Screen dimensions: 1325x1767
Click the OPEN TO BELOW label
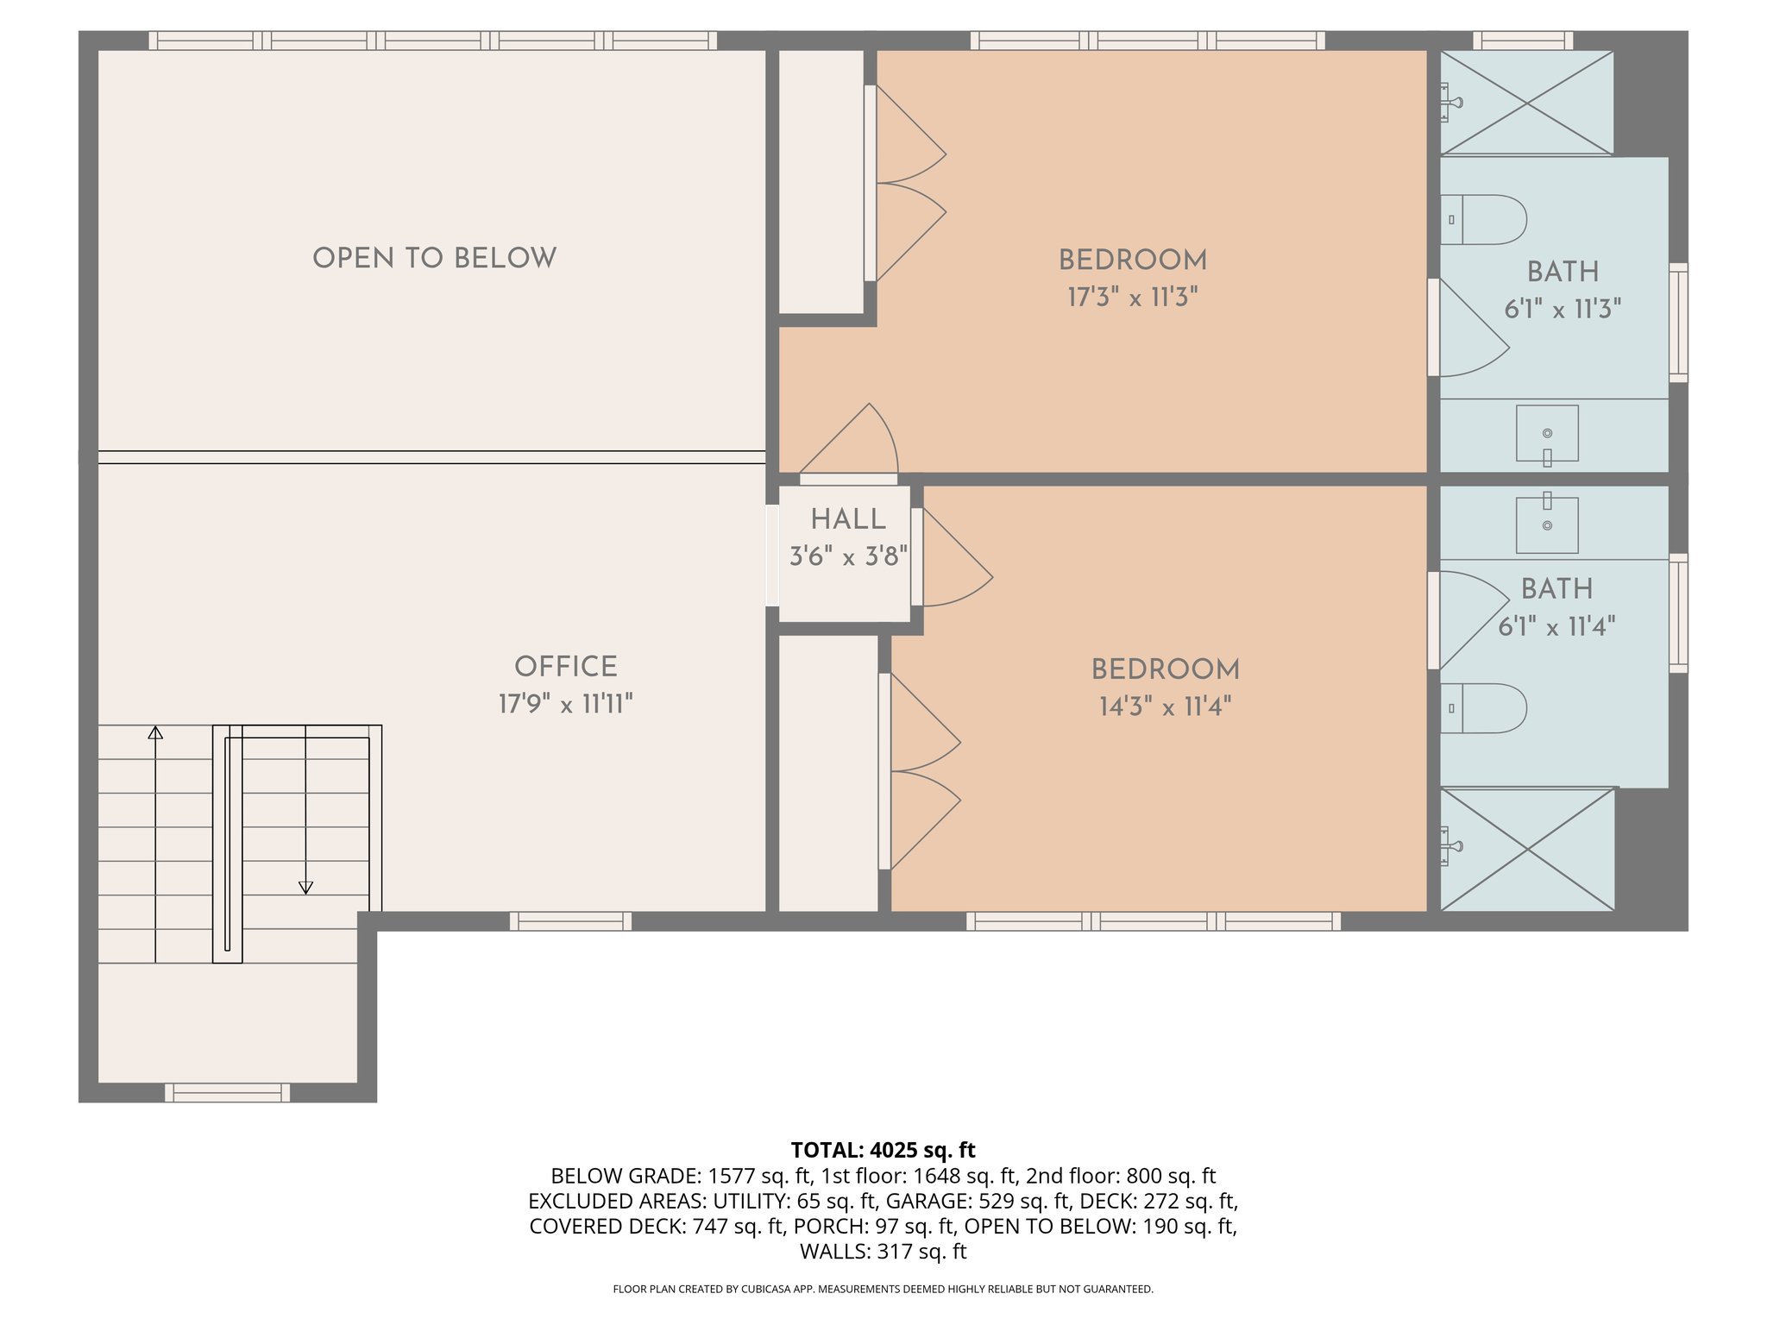(x=434, y=258)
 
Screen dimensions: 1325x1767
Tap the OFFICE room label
(x=566, y=667)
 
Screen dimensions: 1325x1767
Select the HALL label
(x=848, y=519)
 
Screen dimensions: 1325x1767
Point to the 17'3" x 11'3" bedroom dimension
(x=1133, y=298)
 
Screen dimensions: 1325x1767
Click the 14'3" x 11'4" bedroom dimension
(x=1165, y=707)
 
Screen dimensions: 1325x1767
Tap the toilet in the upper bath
(x=1484, y=220)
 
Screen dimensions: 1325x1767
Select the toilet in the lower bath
(x=1484, y=709)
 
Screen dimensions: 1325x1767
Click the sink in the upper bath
(x=1547, y=434)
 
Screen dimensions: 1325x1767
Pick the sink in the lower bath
(x=1547, y=524)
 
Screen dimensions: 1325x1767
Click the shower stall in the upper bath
(x=1526, y=104)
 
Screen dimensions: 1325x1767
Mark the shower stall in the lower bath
(x=1527, y=850)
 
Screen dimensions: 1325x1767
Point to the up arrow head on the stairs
(x=155, y=733)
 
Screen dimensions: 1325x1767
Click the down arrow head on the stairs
(x=305, y=887)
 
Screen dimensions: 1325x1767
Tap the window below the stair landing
(x=228, y=1093)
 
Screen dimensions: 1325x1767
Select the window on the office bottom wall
(x=570, y=921)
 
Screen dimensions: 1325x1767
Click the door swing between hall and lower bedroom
(x=953, y=561)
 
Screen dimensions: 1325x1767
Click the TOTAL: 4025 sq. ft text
(x=883, y=1150)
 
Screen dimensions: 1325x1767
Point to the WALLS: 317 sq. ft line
(x=883, y=1252)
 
